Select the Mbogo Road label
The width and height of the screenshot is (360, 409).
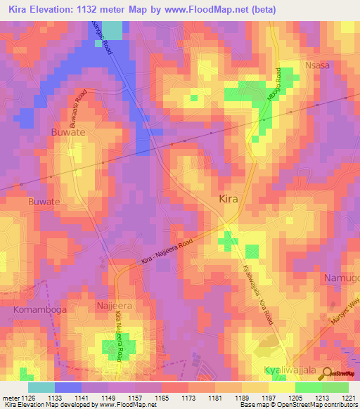click(x=276, y=85)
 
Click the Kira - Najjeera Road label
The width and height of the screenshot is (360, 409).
click(x=176, y=249)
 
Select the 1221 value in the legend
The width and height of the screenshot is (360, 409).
click(x=349, y=398)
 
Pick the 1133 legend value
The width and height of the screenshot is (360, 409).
click(x=53, y=398)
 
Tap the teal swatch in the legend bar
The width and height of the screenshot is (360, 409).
click(x=41, y=387)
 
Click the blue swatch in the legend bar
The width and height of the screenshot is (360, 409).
click(x=68, y=387)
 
